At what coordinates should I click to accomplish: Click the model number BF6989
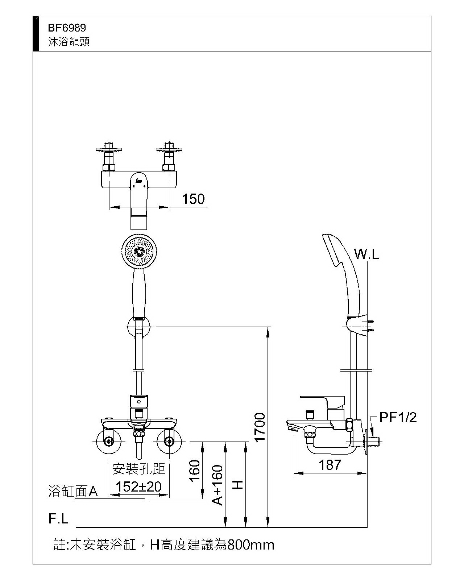click(x=67, y=28)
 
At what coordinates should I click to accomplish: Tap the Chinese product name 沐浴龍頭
click(x=69, y=42)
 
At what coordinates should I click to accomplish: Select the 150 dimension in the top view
click(x=193, y=199)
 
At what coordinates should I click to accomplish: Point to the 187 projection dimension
click(x=330, y=465)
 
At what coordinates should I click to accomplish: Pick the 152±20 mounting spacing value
click(x=138, y=486)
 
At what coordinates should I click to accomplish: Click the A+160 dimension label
click(x=217, y=485)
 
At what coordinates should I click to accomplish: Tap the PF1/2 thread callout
click(x=398, y=418)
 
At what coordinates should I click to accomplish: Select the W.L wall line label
click(x=366, y=254)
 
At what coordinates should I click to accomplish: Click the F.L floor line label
click(x=58, y=519)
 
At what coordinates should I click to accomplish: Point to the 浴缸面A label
click(x=73, y=492)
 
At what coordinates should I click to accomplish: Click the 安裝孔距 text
click(x=139, y=469)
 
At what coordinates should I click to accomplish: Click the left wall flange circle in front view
click(x=108, y=442)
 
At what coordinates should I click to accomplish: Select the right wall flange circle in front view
click(x=169, y=442)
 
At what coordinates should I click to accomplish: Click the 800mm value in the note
click(x=250, y=545)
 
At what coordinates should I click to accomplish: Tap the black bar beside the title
click(x=36, y=34)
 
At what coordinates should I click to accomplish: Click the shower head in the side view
click(x=335, y=252)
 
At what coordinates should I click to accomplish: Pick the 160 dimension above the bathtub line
click(x=195, y=470)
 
